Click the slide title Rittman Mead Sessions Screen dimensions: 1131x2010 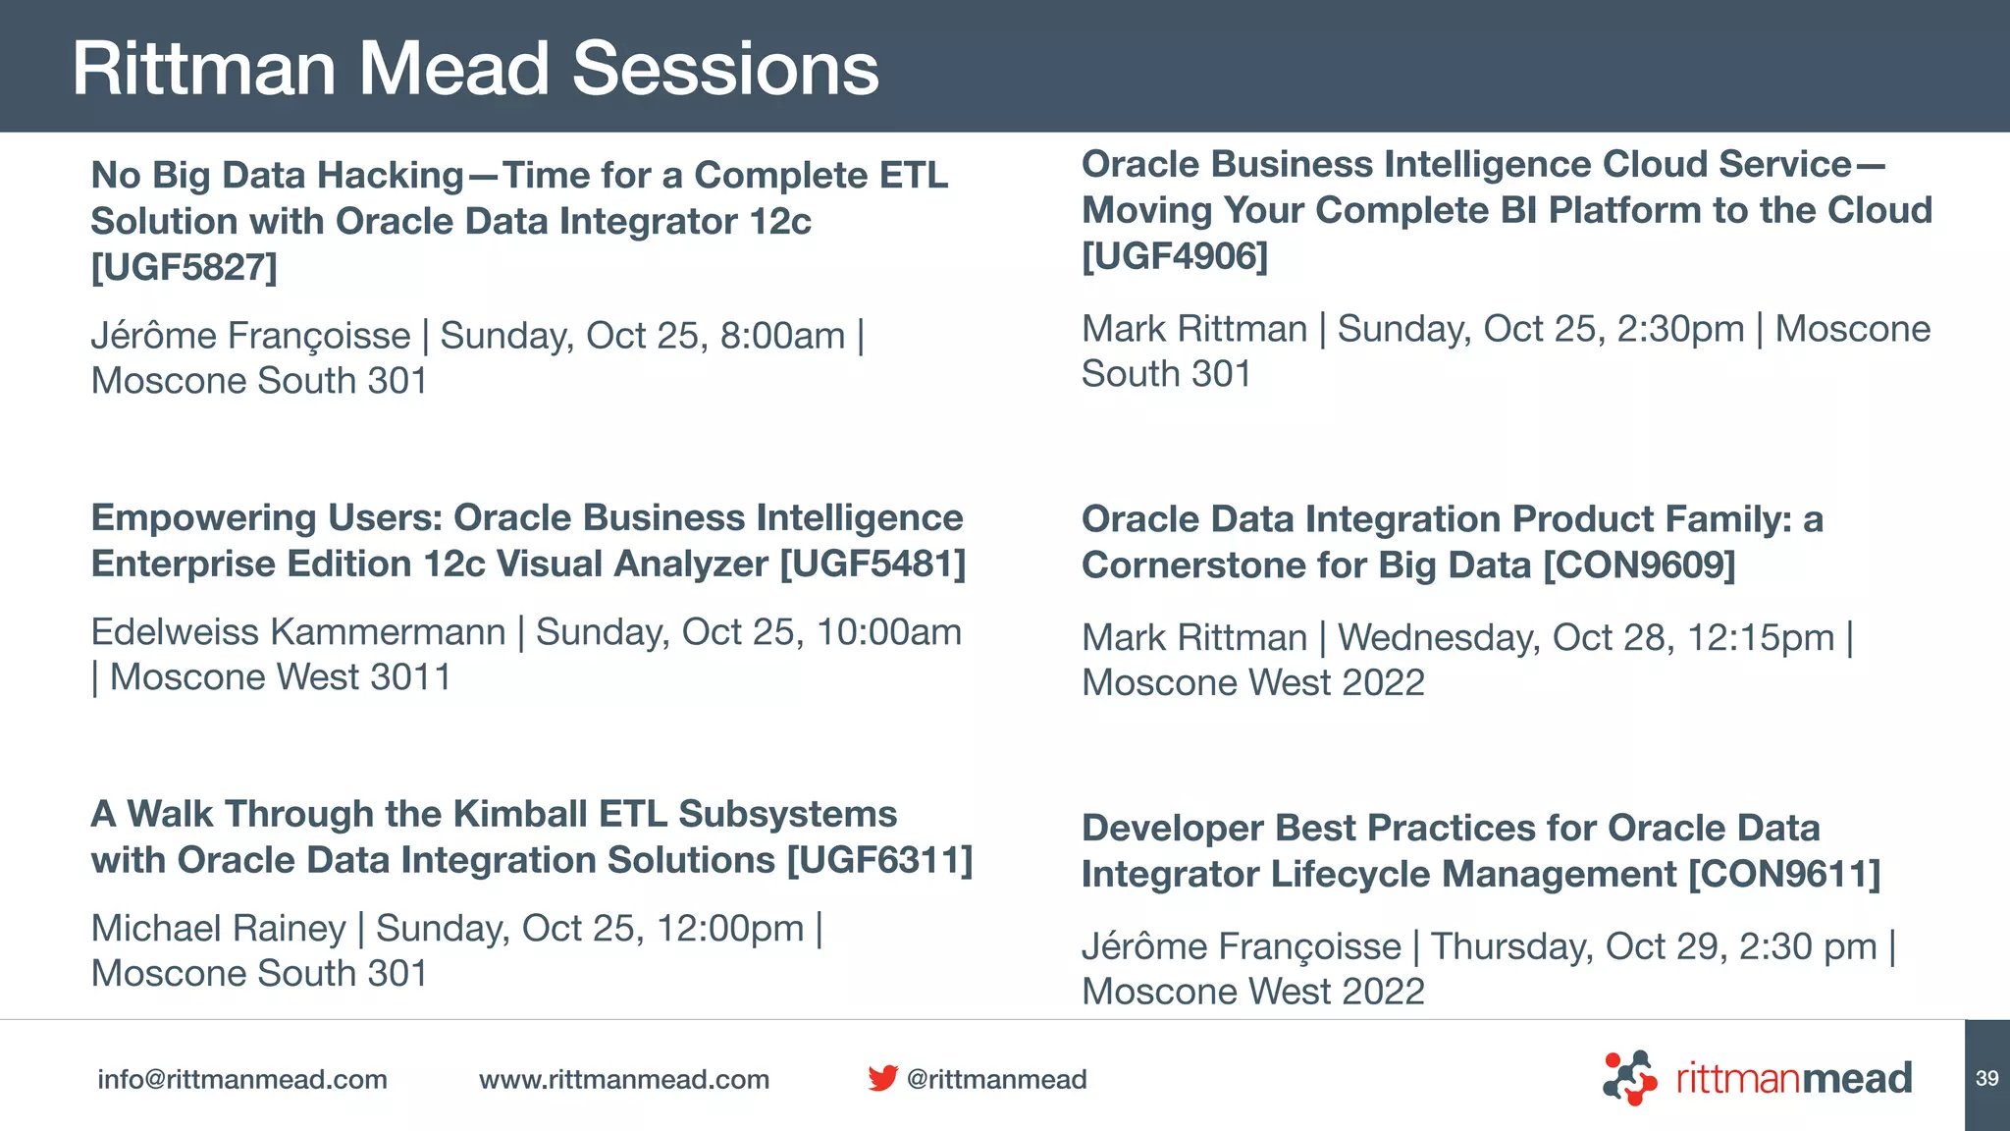coord(475,69)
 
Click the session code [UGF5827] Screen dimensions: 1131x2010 coord(184,267)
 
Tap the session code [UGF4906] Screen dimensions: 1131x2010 coord(1174,256)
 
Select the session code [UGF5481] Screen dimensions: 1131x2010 coord(873,565)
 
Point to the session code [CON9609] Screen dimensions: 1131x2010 coord(1639,565)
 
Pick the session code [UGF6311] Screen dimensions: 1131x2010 coord(879,861)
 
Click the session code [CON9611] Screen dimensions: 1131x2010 coord(1783,875)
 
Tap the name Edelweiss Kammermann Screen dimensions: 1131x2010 coord(298,632)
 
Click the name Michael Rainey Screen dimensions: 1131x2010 coord(218,929)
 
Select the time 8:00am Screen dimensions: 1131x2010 coord(782,336)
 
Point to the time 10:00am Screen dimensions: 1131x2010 coord(888,632)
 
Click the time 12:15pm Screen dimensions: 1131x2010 coord(1760,638)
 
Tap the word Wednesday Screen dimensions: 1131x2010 coord(1439,638)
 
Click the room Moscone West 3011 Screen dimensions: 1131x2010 coord(280,677)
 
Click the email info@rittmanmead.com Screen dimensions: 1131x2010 coord(242,1080)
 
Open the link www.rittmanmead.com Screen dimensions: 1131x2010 coord(624,1080)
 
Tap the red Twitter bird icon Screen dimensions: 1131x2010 coord(882,1078)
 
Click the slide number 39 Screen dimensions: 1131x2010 coord(1986,1079)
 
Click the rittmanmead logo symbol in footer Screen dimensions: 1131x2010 coord(1630,1078)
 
